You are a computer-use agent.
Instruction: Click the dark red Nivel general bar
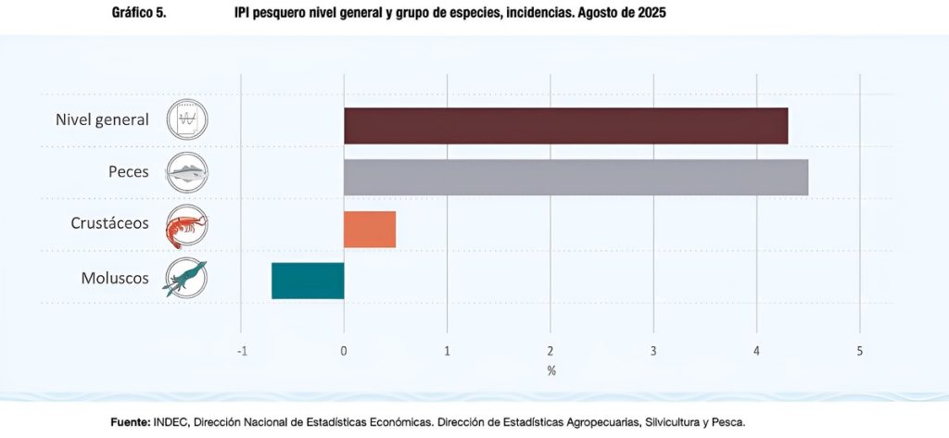coord(565,126)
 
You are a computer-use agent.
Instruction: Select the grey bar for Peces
coord(576,177)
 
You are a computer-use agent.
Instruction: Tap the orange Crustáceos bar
coord(370,229)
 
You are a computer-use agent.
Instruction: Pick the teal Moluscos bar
coord(308,281)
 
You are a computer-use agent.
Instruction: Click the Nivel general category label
coord(102,120)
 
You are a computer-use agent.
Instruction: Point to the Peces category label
coord(128,172)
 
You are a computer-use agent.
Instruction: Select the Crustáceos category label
coord(109,224)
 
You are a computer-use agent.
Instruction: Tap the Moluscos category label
coord(115,276)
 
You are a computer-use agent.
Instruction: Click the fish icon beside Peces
coord(187,171)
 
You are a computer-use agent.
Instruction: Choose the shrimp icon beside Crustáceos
coord(187,227)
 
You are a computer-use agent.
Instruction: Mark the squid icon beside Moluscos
coord(186,278)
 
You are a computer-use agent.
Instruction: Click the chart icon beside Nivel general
coord(187,120)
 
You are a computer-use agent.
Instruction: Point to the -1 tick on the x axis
coord(242,352)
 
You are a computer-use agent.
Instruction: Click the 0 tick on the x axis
coord(344,352)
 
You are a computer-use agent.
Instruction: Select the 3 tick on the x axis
coord(653,352)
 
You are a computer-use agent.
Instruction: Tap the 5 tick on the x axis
coord(860,352)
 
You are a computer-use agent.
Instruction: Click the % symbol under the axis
coord(550,371)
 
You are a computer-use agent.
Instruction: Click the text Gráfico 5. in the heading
coord(138,14)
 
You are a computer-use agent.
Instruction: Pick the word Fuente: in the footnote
coord(131,422)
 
